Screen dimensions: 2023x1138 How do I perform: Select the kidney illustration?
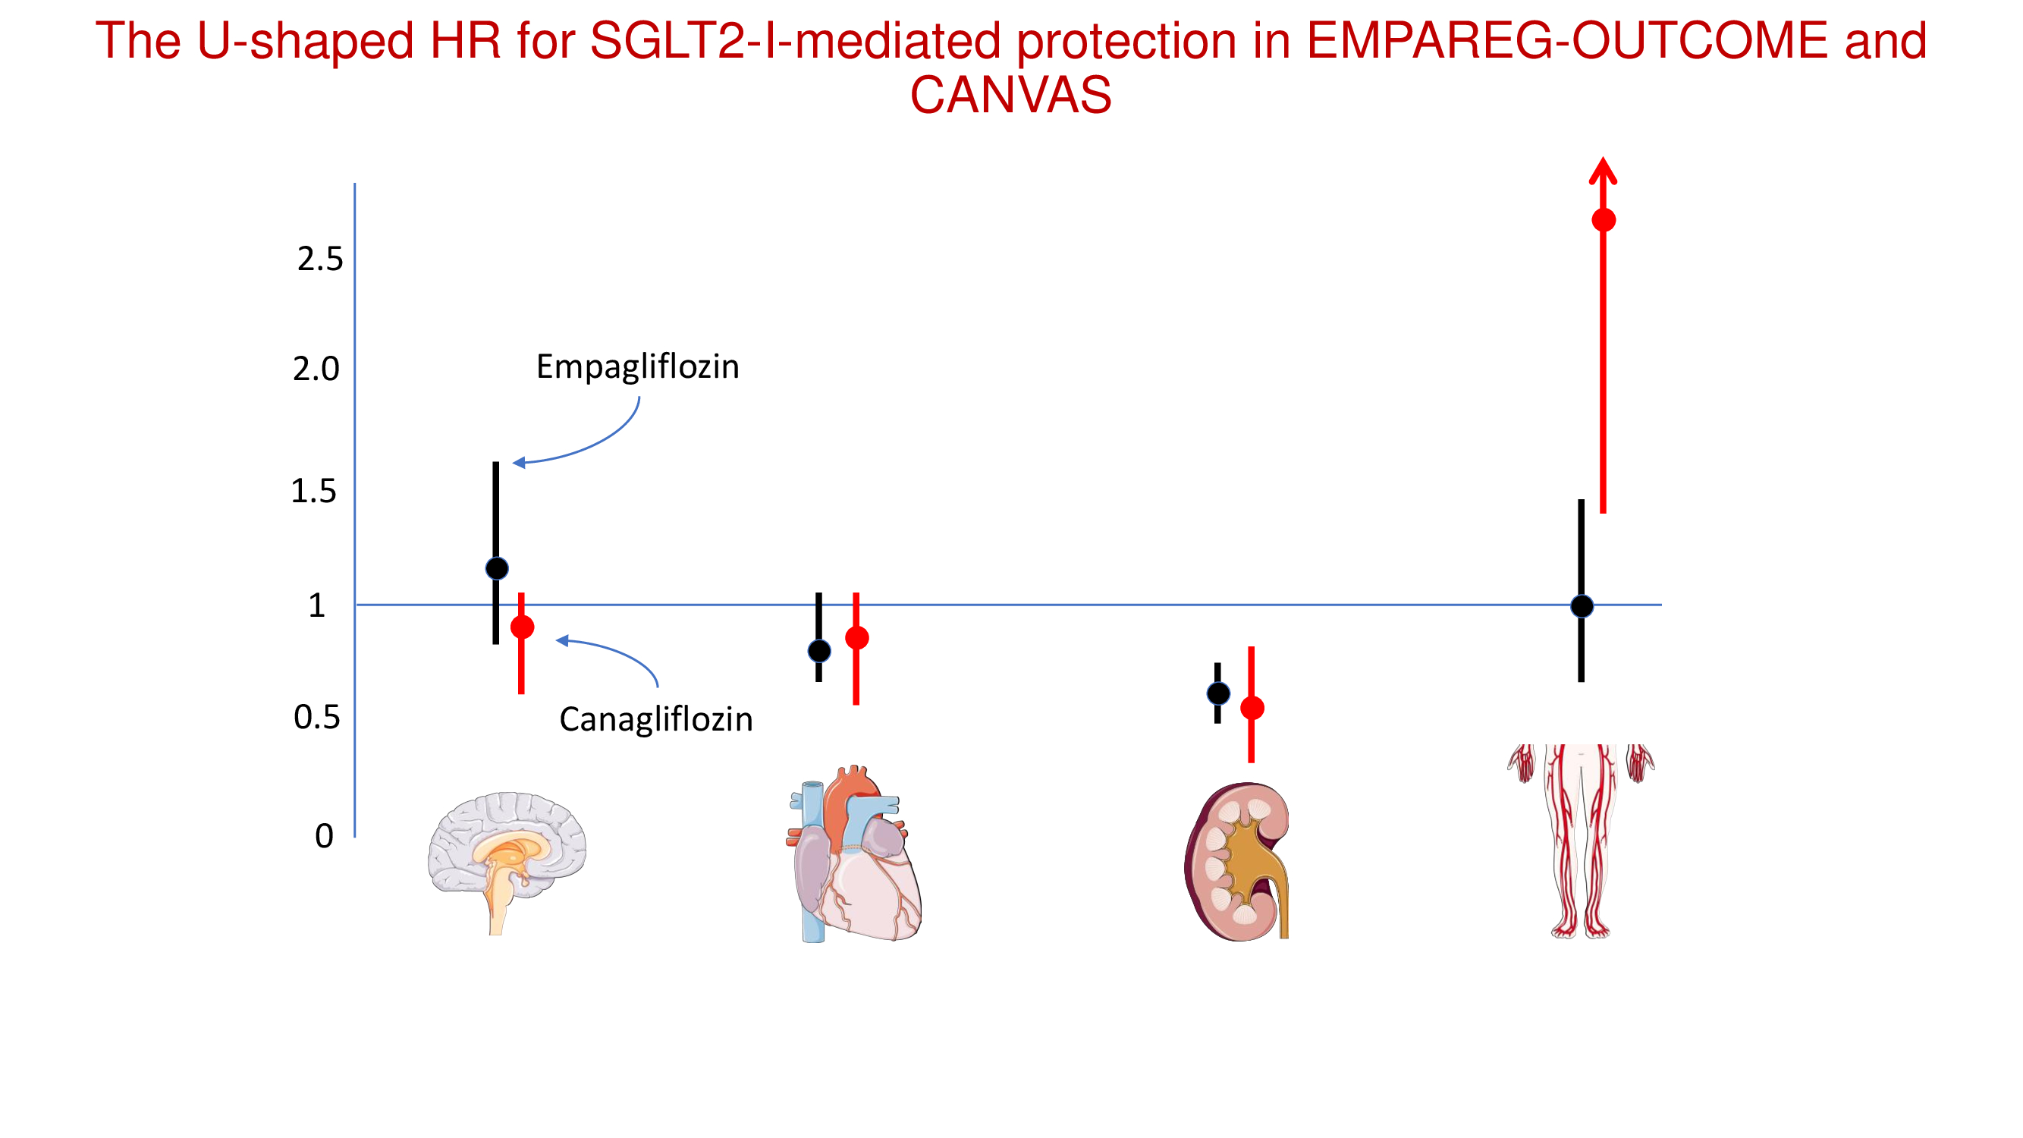pyautogui.click(x=1236, y=861)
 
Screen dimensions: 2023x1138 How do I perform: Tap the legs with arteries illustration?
pyautogui.click(x=1581, y=841)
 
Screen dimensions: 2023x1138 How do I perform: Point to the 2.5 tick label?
pyautogui.click(x=319, y=259)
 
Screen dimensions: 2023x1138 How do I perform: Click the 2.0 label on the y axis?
pyautogui.click(x=316, y=369)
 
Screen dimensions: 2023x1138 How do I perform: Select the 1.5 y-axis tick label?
pyautogui.click(x=313, y=491)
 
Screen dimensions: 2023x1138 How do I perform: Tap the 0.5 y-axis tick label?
pyautogui.click(x=316, y=717)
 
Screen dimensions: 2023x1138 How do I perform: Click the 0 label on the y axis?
pyautogui.click(x=325, y=835)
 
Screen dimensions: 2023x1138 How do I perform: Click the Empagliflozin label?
pyautogui.click(x=638, y=366)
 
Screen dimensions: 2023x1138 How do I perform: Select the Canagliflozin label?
pyautogui.click(x=655, y=718)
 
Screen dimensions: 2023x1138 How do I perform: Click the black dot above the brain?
pyautogui.click(x=497, y=567)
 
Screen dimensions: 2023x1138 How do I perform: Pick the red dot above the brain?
pyautogui.click(x=522, y=627)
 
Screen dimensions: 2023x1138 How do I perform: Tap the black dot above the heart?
pyautogui.click(x=819, y=651)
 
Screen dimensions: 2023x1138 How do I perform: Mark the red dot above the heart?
pyautogui.click(x=857, y=638)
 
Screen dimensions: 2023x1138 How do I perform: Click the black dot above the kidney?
pyautogui.click(x=1218, y=693)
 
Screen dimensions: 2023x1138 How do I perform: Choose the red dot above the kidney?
pyautogui.click(x=1252, y=709)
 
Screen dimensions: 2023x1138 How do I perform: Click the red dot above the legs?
pyautogui.click(x=1604, y=220)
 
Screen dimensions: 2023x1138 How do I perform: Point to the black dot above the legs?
pyautogui.click(x=1582, y=605)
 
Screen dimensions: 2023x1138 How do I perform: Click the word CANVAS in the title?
pyautogui.click(x=1010, y=94)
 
